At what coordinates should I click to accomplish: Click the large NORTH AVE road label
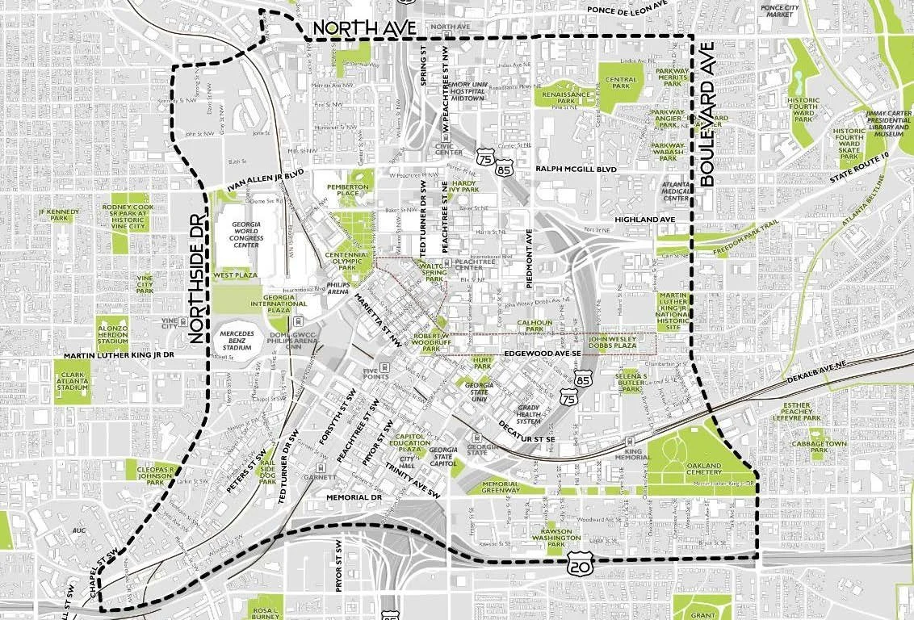click(364, 27)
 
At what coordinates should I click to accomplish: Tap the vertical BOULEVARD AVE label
click(708, 115)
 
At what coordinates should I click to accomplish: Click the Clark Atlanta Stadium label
click(72, 381)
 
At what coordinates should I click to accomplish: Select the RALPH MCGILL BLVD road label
click(576, 169)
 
